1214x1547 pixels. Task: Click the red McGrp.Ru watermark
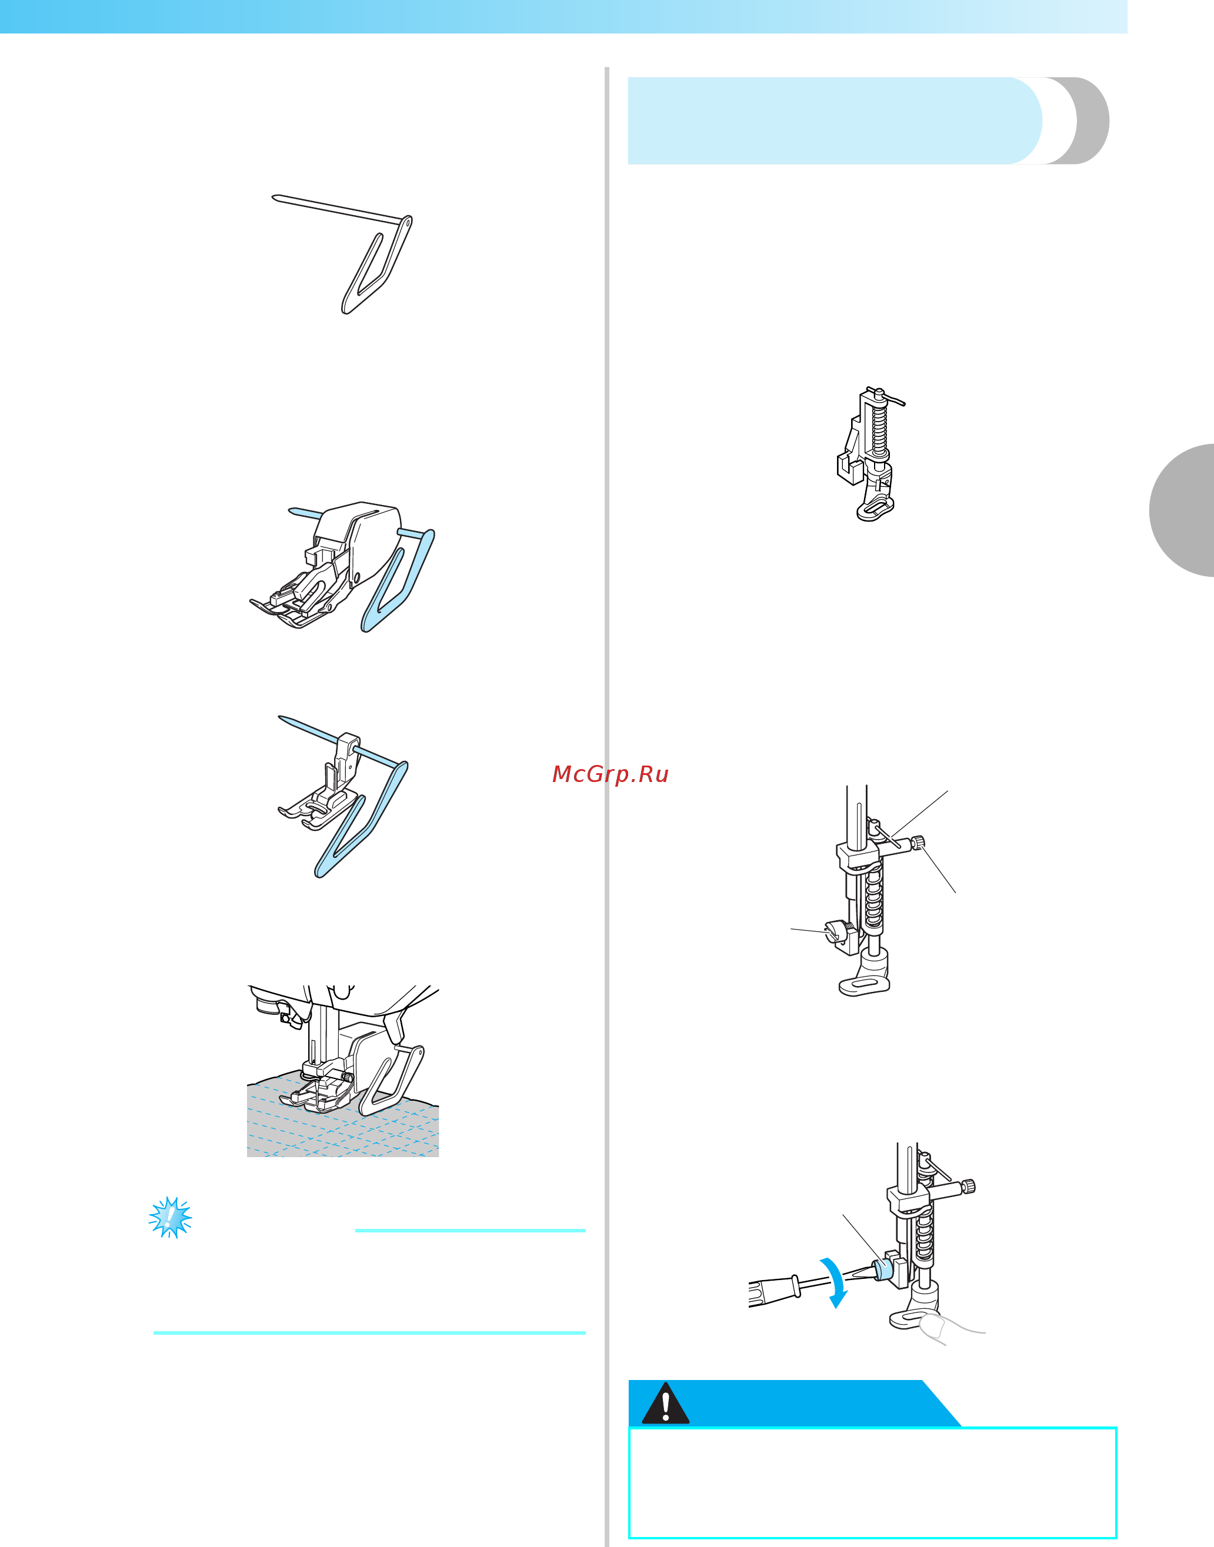[611, 774]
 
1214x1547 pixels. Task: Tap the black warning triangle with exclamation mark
[665, 1404]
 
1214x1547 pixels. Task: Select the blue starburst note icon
[171, 1217]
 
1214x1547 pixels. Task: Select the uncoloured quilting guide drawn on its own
[342, 253]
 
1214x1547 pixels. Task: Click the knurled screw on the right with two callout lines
[919, 843]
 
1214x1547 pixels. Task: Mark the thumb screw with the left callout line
[833, 931]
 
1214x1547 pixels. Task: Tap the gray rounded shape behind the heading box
[1077, 121]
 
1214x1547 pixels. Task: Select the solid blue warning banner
[795, 1404]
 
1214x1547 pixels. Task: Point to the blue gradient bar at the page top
[563, 16]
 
